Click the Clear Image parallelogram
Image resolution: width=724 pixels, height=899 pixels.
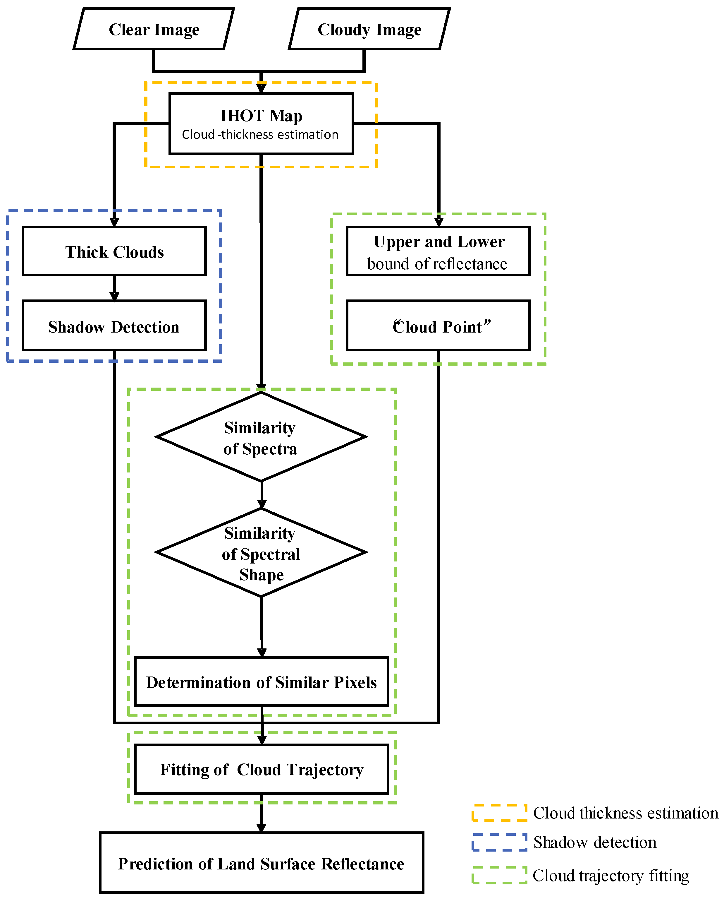click(x=154, y=30)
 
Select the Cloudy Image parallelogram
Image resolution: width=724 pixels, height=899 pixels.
click(x=369, y=30)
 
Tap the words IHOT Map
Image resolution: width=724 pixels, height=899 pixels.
click(x=261, y=116)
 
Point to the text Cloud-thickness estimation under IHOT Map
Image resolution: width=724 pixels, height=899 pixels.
click(x=260, y=135)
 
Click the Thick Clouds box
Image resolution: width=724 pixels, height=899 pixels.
click(x=114, y=252)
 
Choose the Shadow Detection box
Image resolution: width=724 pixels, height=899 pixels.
click(x=114, y=326)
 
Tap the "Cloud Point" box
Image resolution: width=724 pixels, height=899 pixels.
click(x=438, y=326)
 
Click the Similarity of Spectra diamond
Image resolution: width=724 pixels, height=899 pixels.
click(x=261, y=437)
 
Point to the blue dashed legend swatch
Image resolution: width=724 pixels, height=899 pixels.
click(x=499, y=842)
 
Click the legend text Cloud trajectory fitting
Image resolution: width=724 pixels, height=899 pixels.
click(x=611, y=876)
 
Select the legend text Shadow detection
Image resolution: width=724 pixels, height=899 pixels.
click(x=595, y=842)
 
